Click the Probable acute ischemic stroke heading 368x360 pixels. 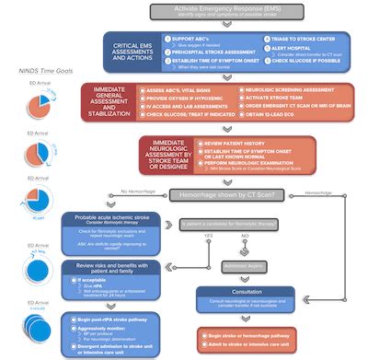tap(109, 217)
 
